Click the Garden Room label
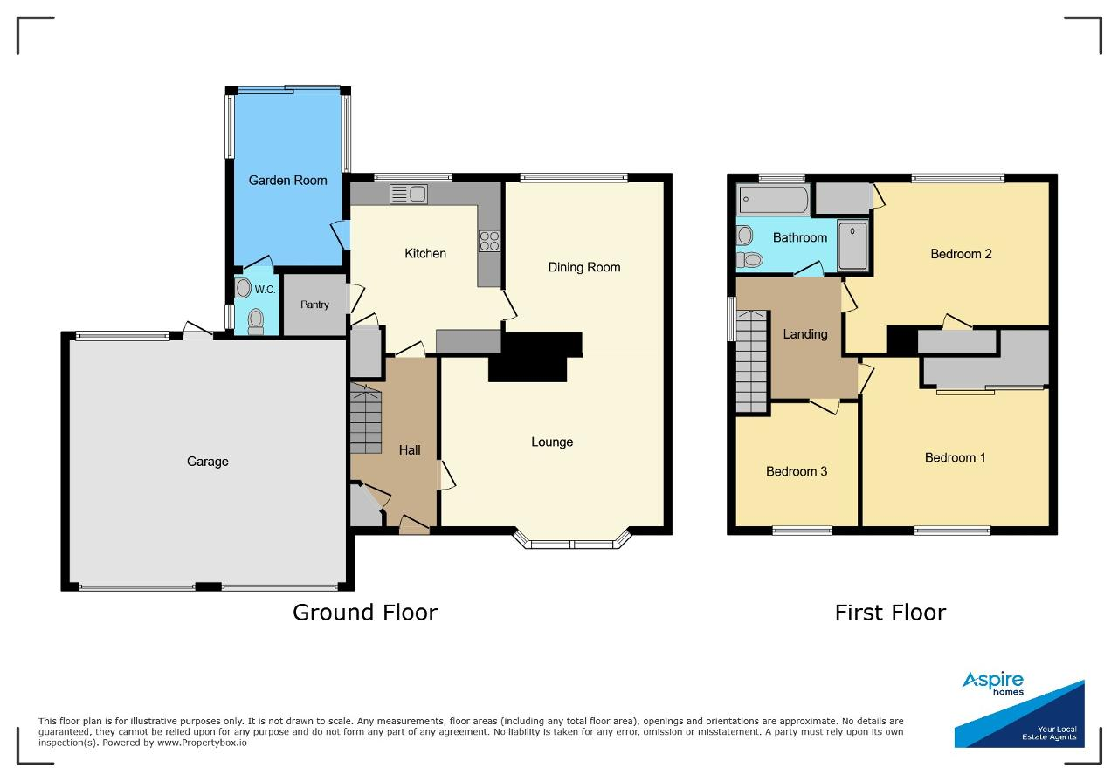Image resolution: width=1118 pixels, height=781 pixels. coord(287,180)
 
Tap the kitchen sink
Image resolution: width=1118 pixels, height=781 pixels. coord(408,194)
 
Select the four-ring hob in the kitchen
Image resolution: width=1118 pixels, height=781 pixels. coord(489,241)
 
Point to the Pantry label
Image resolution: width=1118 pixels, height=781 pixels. coord(314,305)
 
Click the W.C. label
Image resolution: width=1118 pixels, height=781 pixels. coord(265,290)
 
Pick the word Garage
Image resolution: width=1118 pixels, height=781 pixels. coord(208,462)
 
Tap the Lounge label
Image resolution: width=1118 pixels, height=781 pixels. coord(552,442)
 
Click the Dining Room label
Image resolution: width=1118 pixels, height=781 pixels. coord(584,267)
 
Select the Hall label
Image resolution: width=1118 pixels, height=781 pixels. coord(410,450)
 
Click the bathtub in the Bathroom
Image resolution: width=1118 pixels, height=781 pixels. coord(773,200)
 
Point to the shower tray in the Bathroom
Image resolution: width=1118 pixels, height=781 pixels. coord(853,246)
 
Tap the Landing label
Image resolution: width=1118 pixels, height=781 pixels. coord(805,334)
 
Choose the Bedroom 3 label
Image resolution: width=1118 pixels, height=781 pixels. coord(797,471)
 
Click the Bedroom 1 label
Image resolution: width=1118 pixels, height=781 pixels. coord(955,457)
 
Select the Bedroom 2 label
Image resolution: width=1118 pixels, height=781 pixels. coord(961,254)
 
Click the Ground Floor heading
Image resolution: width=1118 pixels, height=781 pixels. coord(365,613)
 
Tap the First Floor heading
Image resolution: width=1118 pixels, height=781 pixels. coord(890,613)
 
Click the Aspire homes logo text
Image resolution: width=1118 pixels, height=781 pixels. coord(993,683)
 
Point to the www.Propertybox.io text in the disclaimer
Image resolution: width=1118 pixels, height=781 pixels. coord(202,743)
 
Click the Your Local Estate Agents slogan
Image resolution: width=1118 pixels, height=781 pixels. coord(1050,733)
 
